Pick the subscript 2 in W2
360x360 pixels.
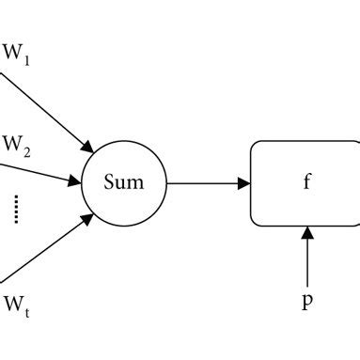point(27,152)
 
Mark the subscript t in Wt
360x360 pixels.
point(26,308)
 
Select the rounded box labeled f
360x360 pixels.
point(305,182)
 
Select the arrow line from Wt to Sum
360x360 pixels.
point(47,249)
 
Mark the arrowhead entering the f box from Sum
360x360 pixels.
point(243,182)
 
